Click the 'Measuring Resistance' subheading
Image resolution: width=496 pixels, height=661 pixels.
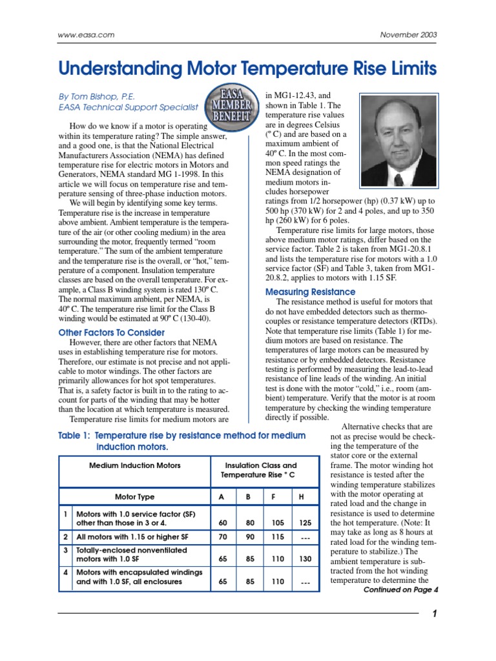point(310,292)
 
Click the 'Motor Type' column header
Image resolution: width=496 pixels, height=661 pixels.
point(134,496)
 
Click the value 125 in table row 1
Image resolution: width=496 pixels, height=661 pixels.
point(301,522)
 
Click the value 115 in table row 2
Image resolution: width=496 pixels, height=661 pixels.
point(277,537)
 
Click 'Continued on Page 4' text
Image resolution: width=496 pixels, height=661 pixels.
point(400,589)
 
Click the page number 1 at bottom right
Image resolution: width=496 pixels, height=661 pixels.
point(435,614)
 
